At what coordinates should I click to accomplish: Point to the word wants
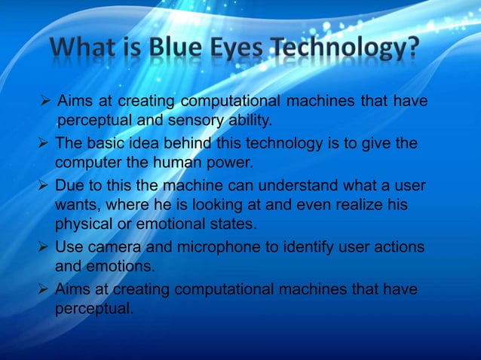pyautogui.click(x=75, y=204)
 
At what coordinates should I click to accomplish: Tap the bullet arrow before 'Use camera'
pyautogui.click(x=44, y=247)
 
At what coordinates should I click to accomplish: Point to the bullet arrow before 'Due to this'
pyautogui.click(x=44, y=186)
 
